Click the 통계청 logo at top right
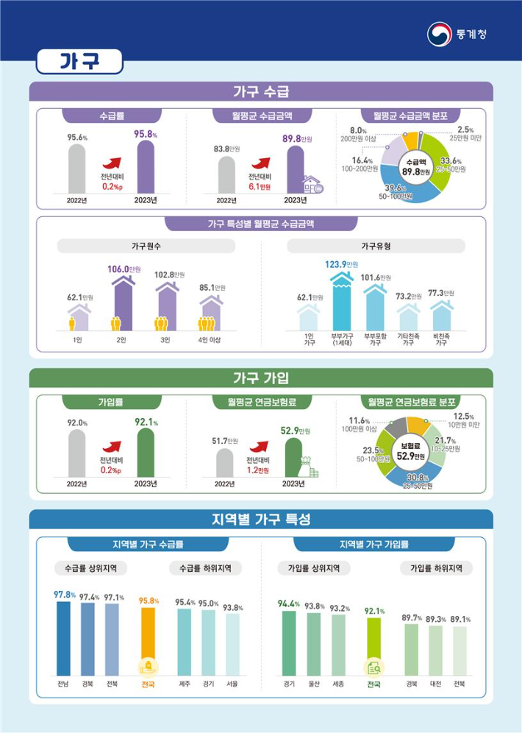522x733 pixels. coord(457,34)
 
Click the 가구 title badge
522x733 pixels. coord(79,62)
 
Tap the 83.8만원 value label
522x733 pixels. coord(226,149)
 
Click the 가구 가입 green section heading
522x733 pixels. coord(261,378)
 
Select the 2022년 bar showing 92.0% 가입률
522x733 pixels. coord(77,452)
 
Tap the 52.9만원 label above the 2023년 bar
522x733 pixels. coord(296,431)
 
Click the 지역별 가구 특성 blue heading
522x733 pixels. coord(261,520)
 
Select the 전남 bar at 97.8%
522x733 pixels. coord(64,639)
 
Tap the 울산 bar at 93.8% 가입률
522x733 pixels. coord(314,644)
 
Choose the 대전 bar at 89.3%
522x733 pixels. coord(435,651)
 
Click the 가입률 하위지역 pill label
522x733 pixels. coord(436,568)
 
